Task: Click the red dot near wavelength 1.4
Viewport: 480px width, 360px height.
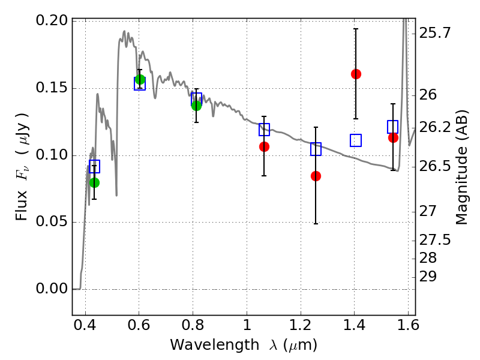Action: click(x=356, y=74)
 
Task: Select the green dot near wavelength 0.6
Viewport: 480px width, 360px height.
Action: click(x=140, y=80)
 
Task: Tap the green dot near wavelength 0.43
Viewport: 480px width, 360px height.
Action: click(x=95, y=183)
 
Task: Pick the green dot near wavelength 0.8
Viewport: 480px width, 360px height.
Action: click(x=197, y=106)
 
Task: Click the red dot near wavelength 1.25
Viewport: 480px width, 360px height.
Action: click(x=316, y=176)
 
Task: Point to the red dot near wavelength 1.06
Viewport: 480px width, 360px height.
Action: click(x=264, y=147)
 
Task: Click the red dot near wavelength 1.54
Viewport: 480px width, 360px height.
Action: click(x=393, y=138)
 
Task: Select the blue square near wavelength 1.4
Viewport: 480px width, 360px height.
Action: click(x=356, y=140)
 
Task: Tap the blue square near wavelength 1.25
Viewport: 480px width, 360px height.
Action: click(x=316, y=149)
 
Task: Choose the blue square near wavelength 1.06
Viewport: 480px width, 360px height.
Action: click(x=264, y=130)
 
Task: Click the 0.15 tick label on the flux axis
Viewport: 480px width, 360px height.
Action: click(x=52, y=88)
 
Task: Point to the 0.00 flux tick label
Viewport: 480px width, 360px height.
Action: click(x=52, y=289)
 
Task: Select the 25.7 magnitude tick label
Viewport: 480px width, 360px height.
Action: click(x=434, y=33)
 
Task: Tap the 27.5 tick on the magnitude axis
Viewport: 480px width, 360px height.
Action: click(x=434, y=239)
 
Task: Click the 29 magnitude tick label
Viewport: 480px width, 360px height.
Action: click(x=428, y=277)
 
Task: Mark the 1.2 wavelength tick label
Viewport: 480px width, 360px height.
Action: click(x=301, y=325)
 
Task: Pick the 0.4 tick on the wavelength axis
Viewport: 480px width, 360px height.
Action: click(x=85, y=325)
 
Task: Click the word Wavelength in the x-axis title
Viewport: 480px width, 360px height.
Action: click(x=215, y=344)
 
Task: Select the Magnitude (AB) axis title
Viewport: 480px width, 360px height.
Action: click(x=461, y=167)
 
